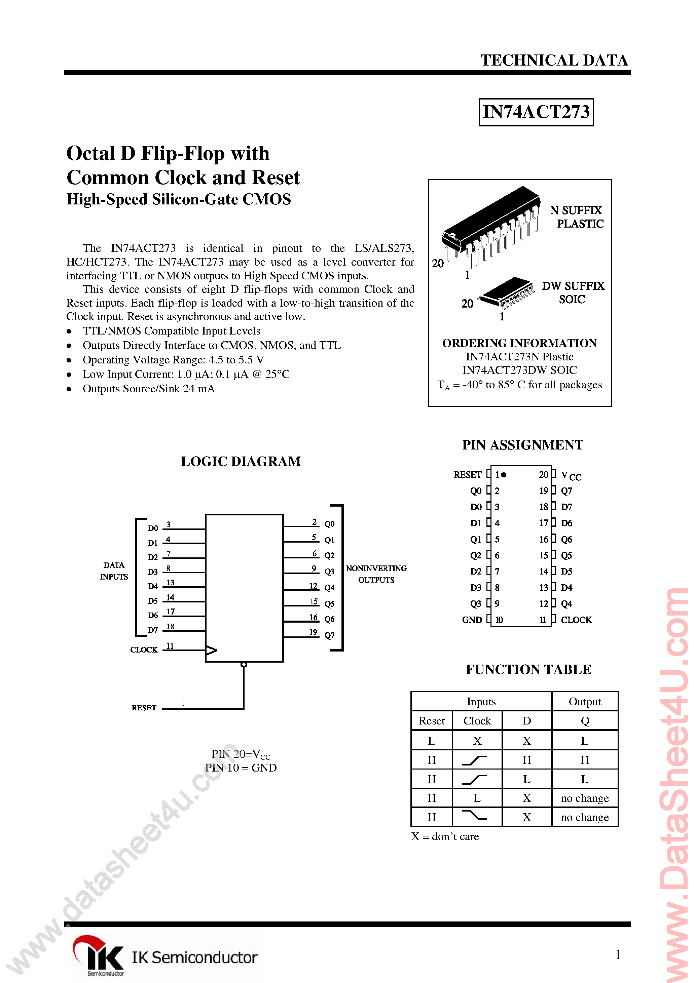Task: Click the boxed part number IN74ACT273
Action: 536,112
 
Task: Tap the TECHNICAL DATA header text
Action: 554,61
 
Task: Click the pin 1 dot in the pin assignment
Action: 504,474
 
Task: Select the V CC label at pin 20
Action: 571,475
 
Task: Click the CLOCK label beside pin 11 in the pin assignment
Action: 576,620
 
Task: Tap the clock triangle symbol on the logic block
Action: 211,650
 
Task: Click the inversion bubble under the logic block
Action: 244,665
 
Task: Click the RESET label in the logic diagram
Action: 144,708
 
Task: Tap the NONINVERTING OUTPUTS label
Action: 376,574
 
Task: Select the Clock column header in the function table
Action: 477,721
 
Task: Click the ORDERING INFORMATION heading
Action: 519,343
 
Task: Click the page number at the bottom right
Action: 617,954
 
